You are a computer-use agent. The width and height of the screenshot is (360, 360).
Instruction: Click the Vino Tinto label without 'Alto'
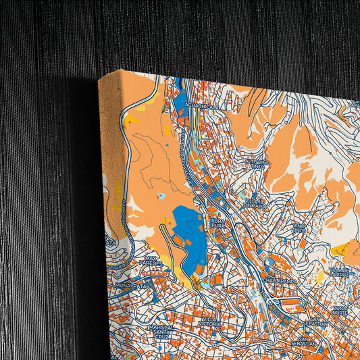pyautogui.click(x=299, y=229)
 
